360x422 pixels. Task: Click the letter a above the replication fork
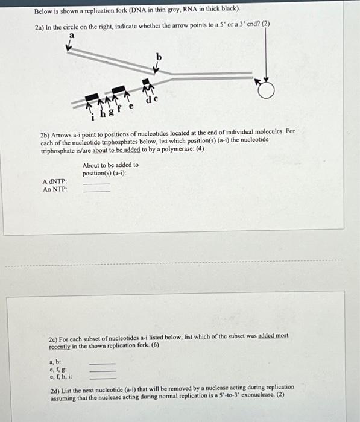point(71,36)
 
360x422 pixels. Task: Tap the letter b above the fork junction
point(159,56)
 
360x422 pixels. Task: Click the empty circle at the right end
point(265,90)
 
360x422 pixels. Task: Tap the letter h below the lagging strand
point(103,113)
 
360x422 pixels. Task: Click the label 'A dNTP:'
point(55,181)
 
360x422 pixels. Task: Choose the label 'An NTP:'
point(55,189)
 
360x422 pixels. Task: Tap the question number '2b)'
point(46,131)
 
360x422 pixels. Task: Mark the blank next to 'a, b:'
point(101,362)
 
